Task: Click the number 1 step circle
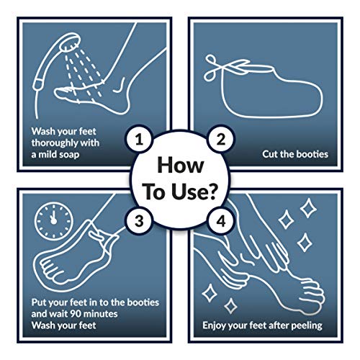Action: pos(139,139)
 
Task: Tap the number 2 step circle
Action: pos(221,139)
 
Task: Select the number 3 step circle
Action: pos(139,221)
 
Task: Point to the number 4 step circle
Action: pos(221,221)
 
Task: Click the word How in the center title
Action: pos(181,165)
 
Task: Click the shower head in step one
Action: pos(70,42)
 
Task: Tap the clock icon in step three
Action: pos(54,221)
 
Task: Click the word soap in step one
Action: pos(69,155)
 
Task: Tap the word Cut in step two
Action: pos(270,154)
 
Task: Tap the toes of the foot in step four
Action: pos(312,295)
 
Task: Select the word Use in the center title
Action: pos(187,192)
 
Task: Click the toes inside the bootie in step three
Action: pos(48,269)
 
